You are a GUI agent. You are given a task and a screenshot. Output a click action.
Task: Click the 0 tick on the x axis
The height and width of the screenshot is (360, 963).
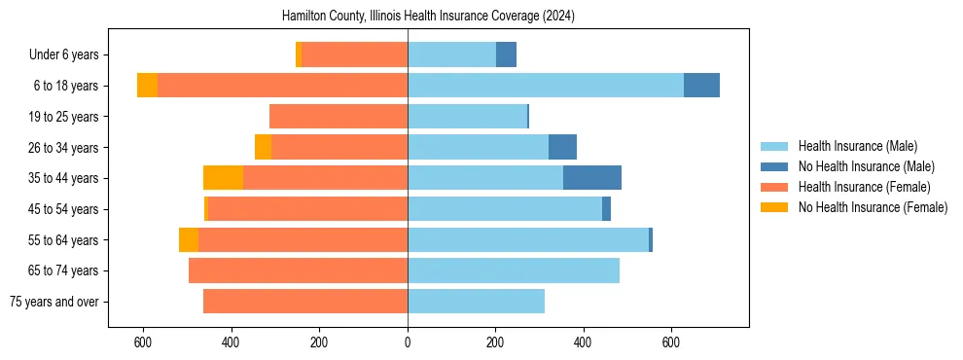tap(408, 342)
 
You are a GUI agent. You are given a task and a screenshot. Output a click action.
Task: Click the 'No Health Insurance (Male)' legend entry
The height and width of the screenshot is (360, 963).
tap(866, 166)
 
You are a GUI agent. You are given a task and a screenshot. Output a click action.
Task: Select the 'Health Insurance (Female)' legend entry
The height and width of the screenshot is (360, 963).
tap(864, 187)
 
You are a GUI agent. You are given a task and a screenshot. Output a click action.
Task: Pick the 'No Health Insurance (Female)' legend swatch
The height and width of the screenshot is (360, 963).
tap(777, 207)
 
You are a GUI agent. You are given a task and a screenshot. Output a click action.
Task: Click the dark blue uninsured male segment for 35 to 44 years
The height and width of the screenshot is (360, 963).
tap(591, 178)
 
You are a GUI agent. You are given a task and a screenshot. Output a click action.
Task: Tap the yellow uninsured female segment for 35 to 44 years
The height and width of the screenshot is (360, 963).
tap(223, 178)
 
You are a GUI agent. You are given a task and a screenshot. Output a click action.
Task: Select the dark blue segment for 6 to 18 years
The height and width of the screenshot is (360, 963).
tap(701, 86)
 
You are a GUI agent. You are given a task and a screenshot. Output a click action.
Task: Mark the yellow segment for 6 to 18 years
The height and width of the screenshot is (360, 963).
tap(147, 86)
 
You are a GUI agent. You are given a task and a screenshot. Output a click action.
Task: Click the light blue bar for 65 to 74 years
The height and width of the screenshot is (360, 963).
tap(514, 270)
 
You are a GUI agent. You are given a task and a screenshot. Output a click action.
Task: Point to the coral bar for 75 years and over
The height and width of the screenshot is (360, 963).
tap(305, 302)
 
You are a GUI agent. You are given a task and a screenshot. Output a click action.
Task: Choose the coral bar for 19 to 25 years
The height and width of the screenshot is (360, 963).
tap(339, 117)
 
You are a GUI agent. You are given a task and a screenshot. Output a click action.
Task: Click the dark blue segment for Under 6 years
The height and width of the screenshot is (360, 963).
tap(506, 54)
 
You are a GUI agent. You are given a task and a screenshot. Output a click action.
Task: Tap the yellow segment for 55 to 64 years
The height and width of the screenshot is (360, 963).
tap(189, 239)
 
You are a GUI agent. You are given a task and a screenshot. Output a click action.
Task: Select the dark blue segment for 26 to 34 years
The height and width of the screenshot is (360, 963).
tap(562, 147)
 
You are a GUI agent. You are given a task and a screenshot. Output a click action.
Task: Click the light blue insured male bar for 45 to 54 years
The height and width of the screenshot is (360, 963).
tap(505, 209)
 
